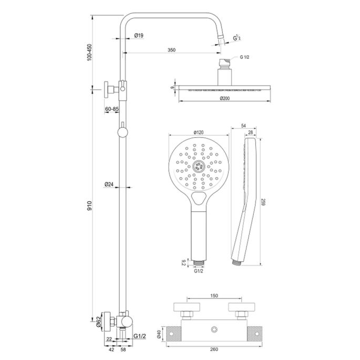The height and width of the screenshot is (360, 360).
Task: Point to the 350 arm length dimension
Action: [x=171, y=50]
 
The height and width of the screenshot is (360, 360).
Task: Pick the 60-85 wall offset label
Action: [x=111, y=108]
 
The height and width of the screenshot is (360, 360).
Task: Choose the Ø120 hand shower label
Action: [x=198, y=132]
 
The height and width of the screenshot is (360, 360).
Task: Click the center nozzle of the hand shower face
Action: [x=198, y=167]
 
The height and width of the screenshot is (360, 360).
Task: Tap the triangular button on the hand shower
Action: [x=199, y=198]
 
